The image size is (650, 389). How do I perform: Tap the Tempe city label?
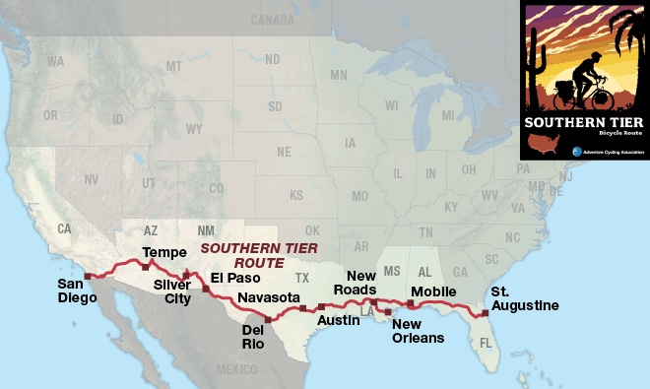click(x=163, y=253)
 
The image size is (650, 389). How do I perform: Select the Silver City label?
click(x=171, y=292)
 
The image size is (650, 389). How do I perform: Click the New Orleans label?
click(x=418, y=331)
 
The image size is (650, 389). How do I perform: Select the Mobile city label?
click(x=433, y=292)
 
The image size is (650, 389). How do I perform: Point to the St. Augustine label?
click(x=525, y=298)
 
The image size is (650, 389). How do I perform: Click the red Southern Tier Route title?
click(x=245, y=256)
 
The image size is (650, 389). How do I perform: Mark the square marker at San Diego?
click(x=87, y=276)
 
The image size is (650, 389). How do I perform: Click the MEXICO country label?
click(x=236, y=368)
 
